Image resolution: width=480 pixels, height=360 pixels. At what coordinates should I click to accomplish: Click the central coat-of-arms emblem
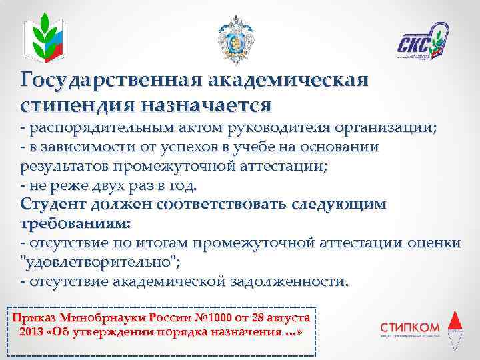[237, 40]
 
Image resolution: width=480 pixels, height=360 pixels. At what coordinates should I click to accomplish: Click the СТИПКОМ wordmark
[409, 327]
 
